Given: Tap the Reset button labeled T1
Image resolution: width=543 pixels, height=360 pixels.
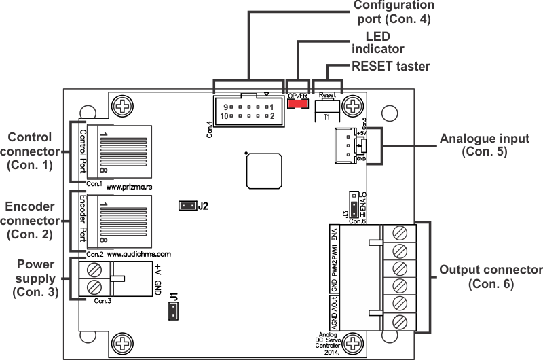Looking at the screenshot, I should click(x=326, y=109).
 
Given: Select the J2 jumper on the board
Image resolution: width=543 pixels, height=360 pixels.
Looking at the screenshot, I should click(x=187, y=205).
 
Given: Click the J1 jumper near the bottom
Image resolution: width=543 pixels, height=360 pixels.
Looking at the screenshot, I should click(x=174, y=311).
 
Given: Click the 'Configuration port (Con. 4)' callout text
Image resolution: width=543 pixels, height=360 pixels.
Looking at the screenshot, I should click(x=393, y=12).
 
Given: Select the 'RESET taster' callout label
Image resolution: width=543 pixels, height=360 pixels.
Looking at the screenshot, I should click(x=390, y=67).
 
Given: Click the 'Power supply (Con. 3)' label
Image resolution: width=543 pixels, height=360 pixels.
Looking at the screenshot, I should click(x=34, y=278).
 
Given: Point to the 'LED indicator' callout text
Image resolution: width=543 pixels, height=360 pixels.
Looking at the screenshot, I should click(x=377, y=42).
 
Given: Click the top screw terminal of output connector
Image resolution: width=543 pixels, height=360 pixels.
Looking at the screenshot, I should click(x=400, y=234).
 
